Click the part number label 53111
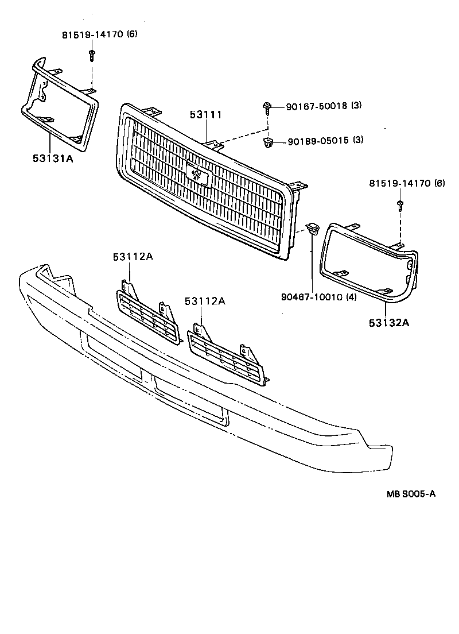tap(205, 115)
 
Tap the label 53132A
tap(388, 323)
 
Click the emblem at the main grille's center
tap(198, 173)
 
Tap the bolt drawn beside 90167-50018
tap(267, 106)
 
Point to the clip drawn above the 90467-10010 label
tap(312, 229)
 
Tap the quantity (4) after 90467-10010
tap(351, 297)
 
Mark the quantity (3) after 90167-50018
tap(356, 106)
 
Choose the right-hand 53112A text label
tap(205, 301)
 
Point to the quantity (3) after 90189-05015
tap(357, 140)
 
